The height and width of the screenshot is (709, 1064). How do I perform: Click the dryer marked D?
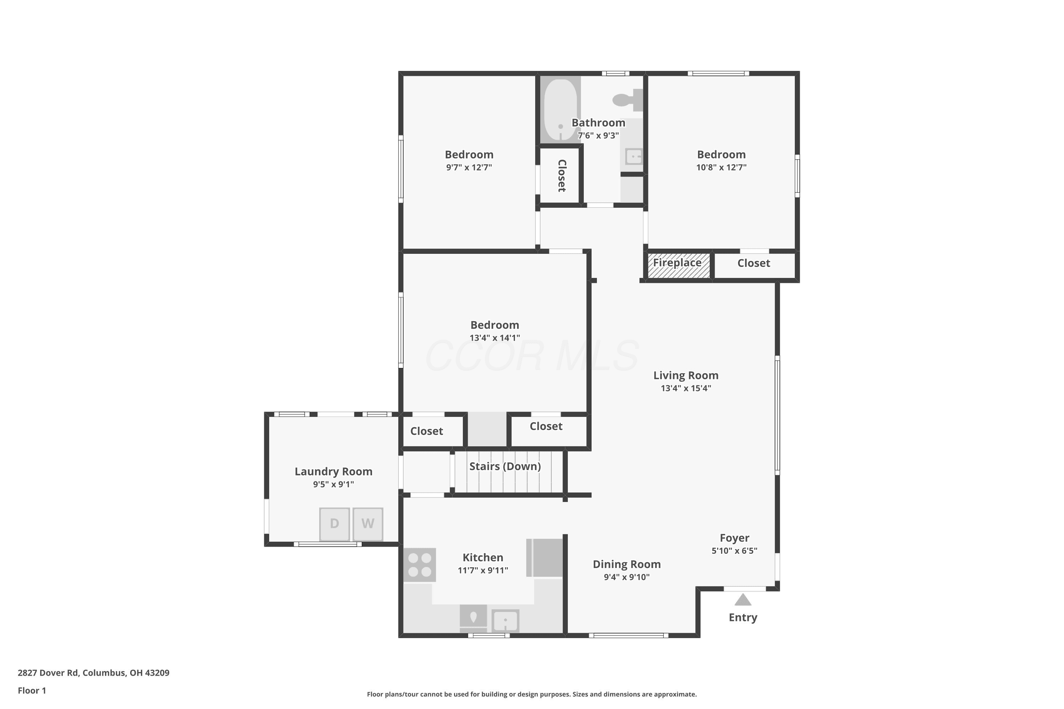[x=334, y=524]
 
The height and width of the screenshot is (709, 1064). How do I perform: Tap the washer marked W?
[x=368, y=524]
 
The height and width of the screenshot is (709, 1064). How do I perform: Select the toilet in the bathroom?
[x=627, y=100]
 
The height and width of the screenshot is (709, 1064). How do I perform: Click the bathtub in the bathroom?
[x=560, y=110]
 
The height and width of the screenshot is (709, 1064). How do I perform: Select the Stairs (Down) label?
[x=505, y=466]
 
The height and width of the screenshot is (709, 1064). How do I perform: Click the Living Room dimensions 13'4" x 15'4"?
[x=686, y=388]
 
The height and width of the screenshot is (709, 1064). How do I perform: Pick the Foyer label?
[x=734, y=538]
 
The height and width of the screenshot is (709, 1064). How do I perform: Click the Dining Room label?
[x=627, y=564]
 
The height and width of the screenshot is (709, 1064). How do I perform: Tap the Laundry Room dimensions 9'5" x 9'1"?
[x=333, y=484]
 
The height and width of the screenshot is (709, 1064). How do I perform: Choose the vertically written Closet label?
[x=561, y=175]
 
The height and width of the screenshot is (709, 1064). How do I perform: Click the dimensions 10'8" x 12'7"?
[x=721, y=167]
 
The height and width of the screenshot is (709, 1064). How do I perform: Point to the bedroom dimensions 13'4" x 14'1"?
[x=494, y=338]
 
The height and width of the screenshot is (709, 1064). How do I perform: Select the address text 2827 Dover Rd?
[x=48, y=672]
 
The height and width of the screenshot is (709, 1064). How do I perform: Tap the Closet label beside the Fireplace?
[x=754, y=263]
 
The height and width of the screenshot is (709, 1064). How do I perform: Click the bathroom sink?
[x=633, y=156]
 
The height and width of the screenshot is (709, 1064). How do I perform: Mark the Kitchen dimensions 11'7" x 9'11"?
[x=483, y=570]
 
